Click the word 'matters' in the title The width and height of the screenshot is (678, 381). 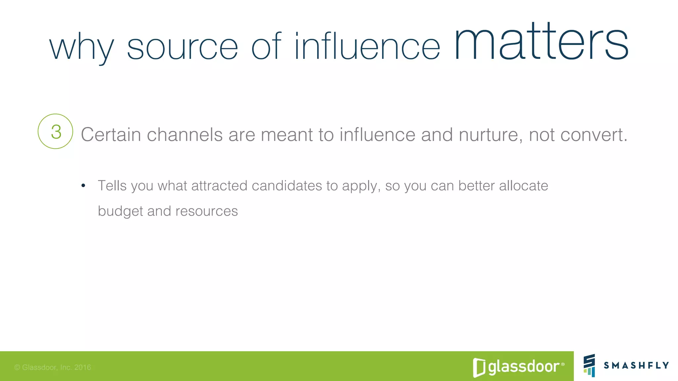click(x=541, y=43)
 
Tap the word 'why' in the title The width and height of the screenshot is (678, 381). click(x=82, y=48)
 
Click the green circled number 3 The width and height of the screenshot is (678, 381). click(x=55, y=131)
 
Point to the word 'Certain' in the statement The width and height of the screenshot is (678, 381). click(x=111, y=135)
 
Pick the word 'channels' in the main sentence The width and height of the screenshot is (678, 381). click(x=185, y=135)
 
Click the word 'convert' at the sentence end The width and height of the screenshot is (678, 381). click(x=592, y=135)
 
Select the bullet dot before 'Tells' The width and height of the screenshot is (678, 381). click(x=83, y=186)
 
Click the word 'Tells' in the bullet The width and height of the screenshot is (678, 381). click(x=112, y=186)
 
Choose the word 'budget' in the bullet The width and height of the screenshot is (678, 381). click(x=121, y=211)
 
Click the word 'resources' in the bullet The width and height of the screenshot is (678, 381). click(x=207, y=211)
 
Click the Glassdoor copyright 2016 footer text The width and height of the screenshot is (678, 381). click(x=53, y=367)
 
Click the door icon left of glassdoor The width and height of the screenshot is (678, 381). click(x=479, y=367)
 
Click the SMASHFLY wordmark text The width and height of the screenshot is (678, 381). click(x=636, y=365)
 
